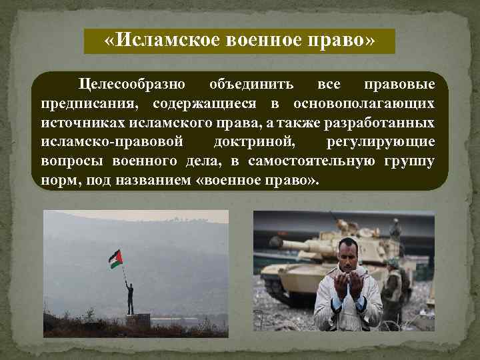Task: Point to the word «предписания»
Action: pyautogui.click(x=91, y=104)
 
